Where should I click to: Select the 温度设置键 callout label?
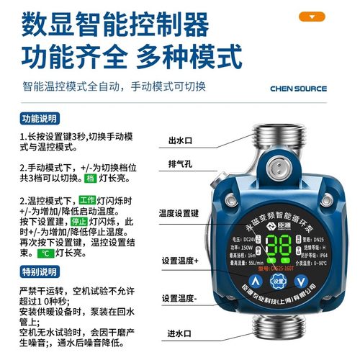coord(179,214)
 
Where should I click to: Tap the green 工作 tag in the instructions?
coord(87,199)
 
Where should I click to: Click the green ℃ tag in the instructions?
coord(45,253)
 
